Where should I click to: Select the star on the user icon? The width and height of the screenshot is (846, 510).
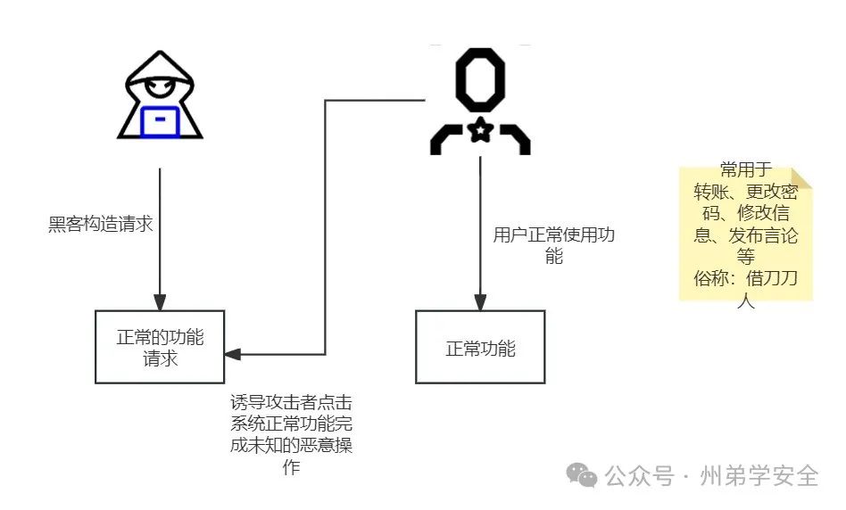[x=480, y=132]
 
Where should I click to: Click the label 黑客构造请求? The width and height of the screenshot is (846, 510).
[x=101, y=224]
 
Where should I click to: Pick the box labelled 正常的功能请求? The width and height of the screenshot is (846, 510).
[x=160, y=347]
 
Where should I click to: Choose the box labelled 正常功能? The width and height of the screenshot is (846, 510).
[x=480, y=347]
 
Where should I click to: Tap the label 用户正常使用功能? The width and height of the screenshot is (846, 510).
[x=553, y=246]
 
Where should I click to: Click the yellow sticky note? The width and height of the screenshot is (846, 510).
[x=746, y=234]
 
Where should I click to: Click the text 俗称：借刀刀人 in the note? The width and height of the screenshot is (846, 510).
[x=746, y=288]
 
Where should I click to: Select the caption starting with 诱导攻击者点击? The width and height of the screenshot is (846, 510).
[x=291, y=434]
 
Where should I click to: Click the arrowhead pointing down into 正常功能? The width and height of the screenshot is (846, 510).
[x=480, y=303]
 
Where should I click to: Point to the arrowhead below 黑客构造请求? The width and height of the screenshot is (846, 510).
[x=160, y=302]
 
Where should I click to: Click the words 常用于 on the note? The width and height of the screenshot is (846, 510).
[x=746, y=170]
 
